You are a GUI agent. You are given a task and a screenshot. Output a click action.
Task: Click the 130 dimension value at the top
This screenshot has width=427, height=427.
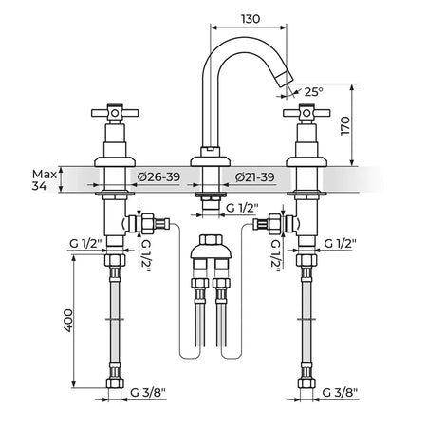pos(251,19)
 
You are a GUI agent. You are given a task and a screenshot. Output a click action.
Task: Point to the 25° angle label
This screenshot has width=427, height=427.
pos(313,92)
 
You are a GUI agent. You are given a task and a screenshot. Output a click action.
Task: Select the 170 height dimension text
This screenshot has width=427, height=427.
pos(345,126)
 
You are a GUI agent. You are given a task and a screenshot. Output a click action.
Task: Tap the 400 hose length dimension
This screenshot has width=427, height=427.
pos(68,321)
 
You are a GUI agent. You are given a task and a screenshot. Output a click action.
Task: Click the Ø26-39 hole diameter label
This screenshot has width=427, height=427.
pos(159,177)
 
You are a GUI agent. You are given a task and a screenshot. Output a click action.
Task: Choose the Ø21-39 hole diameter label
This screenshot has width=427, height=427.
pos(255,177)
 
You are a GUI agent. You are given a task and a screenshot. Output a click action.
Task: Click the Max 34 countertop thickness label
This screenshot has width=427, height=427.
pos(45,180)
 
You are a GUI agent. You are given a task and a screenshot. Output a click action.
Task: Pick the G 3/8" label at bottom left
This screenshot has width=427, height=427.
pos(148,393)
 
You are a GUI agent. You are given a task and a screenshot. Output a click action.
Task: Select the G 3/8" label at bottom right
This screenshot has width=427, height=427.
pos(340,393)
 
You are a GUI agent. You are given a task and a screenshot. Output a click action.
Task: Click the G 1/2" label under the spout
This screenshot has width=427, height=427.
pos(242,208)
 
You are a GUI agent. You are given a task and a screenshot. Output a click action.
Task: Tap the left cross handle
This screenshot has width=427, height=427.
pos(115,113)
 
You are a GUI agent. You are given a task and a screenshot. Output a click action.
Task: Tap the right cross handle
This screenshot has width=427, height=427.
pos(306,113)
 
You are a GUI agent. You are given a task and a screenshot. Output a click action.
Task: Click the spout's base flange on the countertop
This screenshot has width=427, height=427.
pos(210,161)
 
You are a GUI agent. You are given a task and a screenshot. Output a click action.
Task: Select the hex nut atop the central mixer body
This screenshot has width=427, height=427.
pos(211,239)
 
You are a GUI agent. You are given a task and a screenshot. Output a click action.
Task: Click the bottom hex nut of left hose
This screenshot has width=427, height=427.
pos(115,383)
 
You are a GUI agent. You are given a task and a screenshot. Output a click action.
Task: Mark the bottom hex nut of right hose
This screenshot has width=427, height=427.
pos(306,383)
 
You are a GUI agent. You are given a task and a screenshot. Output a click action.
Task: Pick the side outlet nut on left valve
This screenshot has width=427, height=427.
pos(147,224)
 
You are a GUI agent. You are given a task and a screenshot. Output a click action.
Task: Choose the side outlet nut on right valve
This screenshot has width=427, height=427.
pos(274,224)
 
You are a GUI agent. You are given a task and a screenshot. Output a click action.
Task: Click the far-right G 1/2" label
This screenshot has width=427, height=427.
pos(340,244)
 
